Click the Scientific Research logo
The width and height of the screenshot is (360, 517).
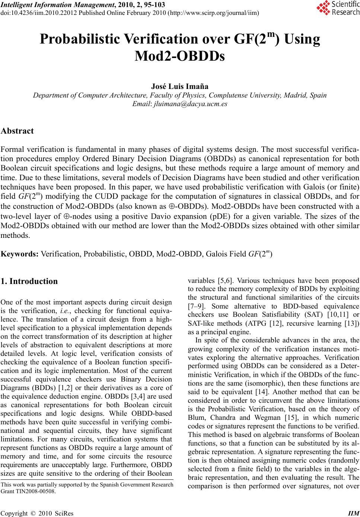[x=338, y=8]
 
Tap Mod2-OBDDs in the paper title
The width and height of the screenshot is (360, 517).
[x=180, y=57]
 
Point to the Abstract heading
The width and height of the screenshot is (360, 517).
[x=17, y=131]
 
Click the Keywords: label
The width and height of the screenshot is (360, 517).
[x=19, y=254]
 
